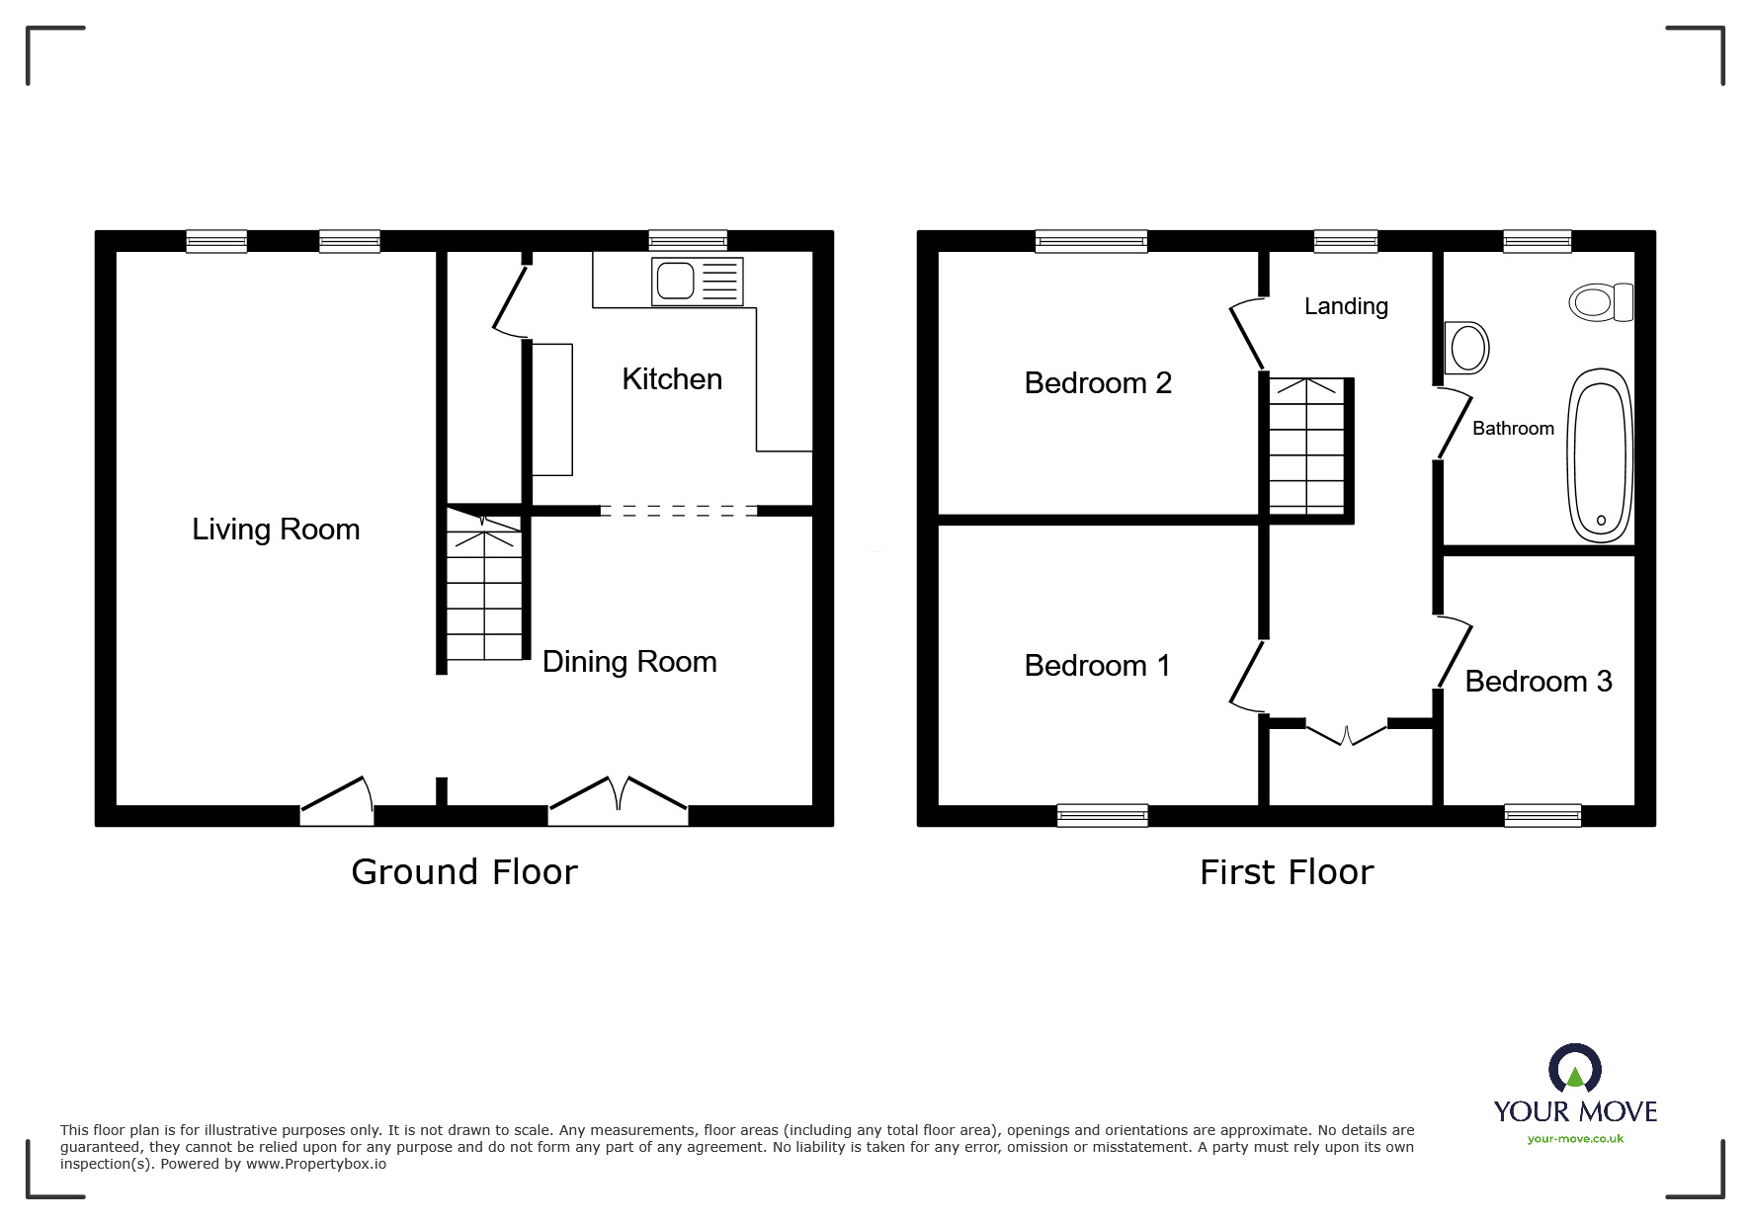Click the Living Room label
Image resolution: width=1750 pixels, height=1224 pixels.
276,530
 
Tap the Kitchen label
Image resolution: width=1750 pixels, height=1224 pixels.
672,379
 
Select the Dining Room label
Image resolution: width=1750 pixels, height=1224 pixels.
629,662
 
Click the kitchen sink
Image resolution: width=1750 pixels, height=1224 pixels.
697,282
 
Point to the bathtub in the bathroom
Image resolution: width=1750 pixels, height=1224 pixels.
1601,455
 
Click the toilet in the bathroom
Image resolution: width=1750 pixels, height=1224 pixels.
1601,301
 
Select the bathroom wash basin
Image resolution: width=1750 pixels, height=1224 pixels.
1466,347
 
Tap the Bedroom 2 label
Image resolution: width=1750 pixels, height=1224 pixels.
1098,383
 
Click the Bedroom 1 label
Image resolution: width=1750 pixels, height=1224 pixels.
1097,666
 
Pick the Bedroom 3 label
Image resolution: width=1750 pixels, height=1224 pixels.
1539,682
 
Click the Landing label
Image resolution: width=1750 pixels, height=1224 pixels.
1346,306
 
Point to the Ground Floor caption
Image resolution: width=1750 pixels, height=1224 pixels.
464,872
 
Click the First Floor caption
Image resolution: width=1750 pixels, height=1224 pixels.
1287,872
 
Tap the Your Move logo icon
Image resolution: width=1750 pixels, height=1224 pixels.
1575,1069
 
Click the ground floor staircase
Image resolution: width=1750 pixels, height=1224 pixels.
484,585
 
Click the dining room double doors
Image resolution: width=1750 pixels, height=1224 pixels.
619,801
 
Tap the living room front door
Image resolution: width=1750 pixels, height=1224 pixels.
337,801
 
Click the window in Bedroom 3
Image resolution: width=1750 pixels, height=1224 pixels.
1542,815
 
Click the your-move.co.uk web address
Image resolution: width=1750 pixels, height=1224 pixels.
1575,1139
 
